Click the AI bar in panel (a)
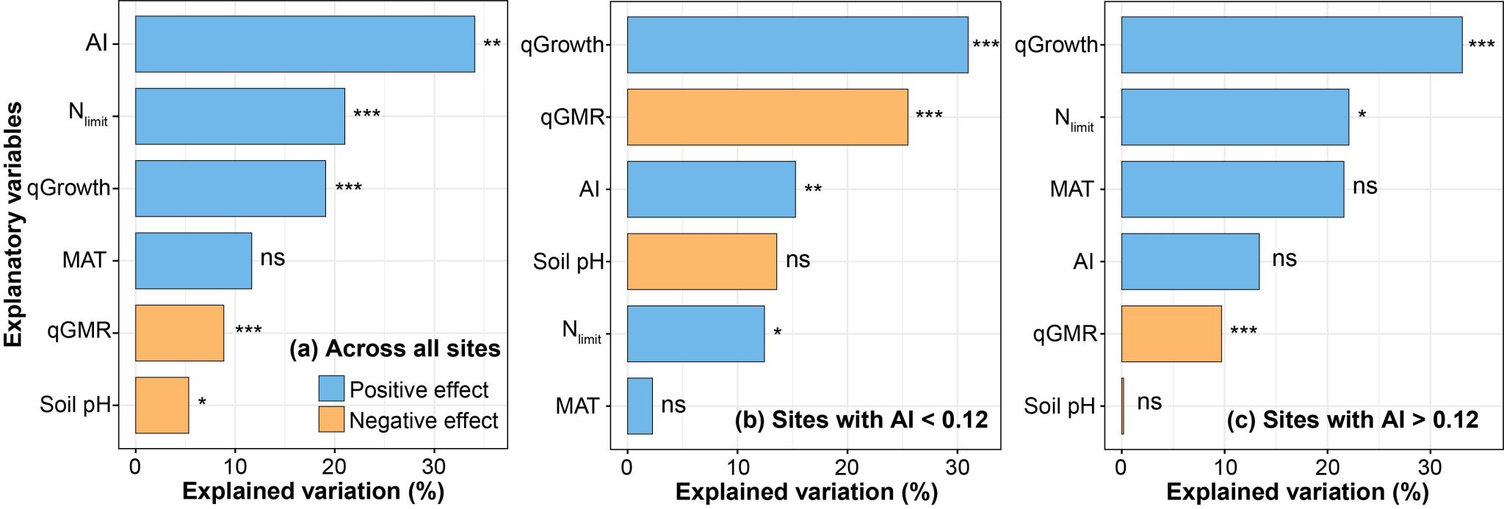[305, 44]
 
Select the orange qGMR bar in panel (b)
[767, 117]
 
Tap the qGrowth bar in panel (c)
[1291, 45]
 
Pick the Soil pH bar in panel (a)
[162, 405]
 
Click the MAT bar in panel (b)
[639, 405]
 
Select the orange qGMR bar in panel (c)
[1171, 333]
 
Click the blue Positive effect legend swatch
[331, 389]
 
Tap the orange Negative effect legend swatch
[331, 419]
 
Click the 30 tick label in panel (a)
[433, 467]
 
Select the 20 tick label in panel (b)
[847, 467]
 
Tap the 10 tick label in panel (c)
[1223, 467]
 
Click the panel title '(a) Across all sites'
[395, 348]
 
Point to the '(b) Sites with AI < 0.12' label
[861, 419]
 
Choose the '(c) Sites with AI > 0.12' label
[1352, 419]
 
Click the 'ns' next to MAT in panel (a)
[272, 259]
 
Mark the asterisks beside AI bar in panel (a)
[492, 44]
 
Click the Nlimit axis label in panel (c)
[1074, 119]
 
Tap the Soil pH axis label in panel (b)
[568, 261]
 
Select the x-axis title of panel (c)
[1297, 491]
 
